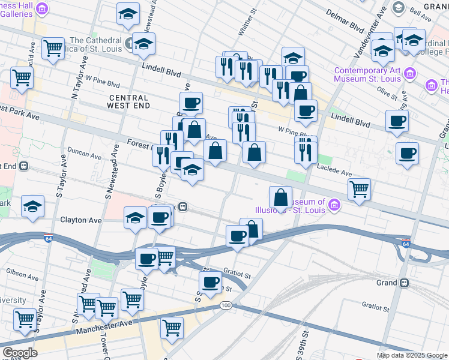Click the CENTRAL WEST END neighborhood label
127,101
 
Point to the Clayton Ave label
80,220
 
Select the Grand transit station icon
405,283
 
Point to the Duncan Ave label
85,150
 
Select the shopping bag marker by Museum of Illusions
280,196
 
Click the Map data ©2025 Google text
412,355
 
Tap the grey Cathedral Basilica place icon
131,43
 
